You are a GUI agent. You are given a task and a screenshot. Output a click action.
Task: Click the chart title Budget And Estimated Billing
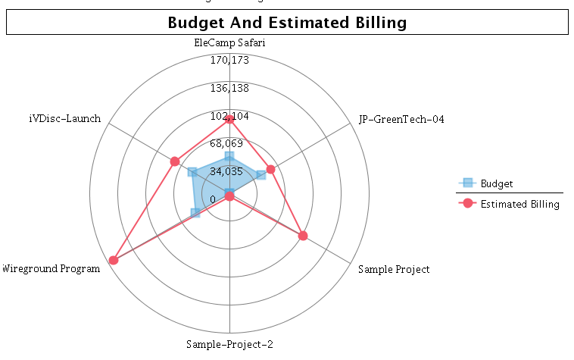click(x=287, y=23)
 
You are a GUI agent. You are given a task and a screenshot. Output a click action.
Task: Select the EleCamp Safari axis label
click(x=229, y=43)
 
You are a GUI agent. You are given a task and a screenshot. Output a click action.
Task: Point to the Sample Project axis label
click(x=394, y=269)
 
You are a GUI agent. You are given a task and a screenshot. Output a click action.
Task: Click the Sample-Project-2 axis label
click(x=229, y=344)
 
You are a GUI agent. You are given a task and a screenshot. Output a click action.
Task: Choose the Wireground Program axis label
click(x=51, y=268)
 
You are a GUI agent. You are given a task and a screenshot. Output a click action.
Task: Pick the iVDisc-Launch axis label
click(x=64, y=119)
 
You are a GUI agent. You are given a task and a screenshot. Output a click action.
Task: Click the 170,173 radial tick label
click(x=229, y=61)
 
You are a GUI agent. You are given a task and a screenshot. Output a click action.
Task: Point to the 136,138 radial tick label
click(x=229, y=89)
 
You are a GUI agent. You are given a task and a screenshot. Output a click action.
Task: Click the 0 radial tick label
click(x=213, y=199)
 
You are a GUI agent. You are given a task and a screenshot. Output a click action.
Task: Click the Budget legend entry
click(x=496, y=183)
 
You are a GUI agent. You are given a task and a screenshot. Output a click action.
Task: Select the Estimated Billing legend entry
click(x=519, y=204)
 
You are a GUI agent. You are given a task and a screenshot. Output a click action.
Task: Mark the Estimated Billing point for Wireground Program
click(x=114, y=260)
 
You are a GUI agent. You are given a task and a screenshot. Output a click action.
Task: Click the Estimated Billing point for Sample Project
click(x=303, y=236)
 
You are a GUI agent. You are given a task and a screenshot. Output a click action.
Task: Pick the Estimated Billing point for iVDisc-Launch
click(x=175, y=161)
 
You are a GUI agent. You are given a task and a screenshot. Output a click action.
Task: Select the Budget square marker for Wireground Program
click(x=195, y=213)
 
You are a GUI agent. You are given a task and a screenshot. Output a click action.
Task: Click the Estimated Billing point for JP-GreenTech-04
click(x=270, y=169)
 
